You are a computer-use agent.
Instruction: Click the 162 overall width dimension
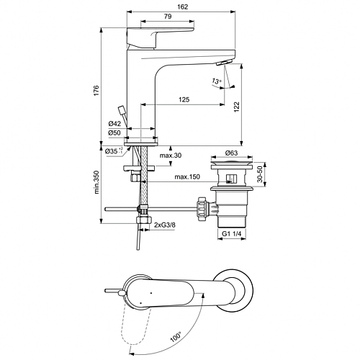point(183,6)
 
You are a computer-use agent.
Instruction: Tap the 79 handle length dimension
point(168,17)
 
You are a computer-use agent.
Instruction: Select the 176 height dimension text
point(96,91)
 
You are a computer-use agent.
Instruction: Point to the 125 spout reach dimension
point(184,99)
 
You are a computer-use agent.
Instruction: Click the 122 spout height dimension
point(237,107)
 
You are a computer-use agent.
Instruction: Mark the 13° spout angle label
point(216,81)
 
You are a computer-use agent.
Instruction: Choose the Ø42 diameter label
point(114,124)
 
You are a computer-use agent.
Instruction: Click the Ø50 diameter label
point(114,132)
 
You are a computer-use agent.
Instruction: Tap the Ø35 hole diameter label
point(114,151)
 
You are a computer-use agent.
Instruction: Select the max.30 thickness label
point(171,156)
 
